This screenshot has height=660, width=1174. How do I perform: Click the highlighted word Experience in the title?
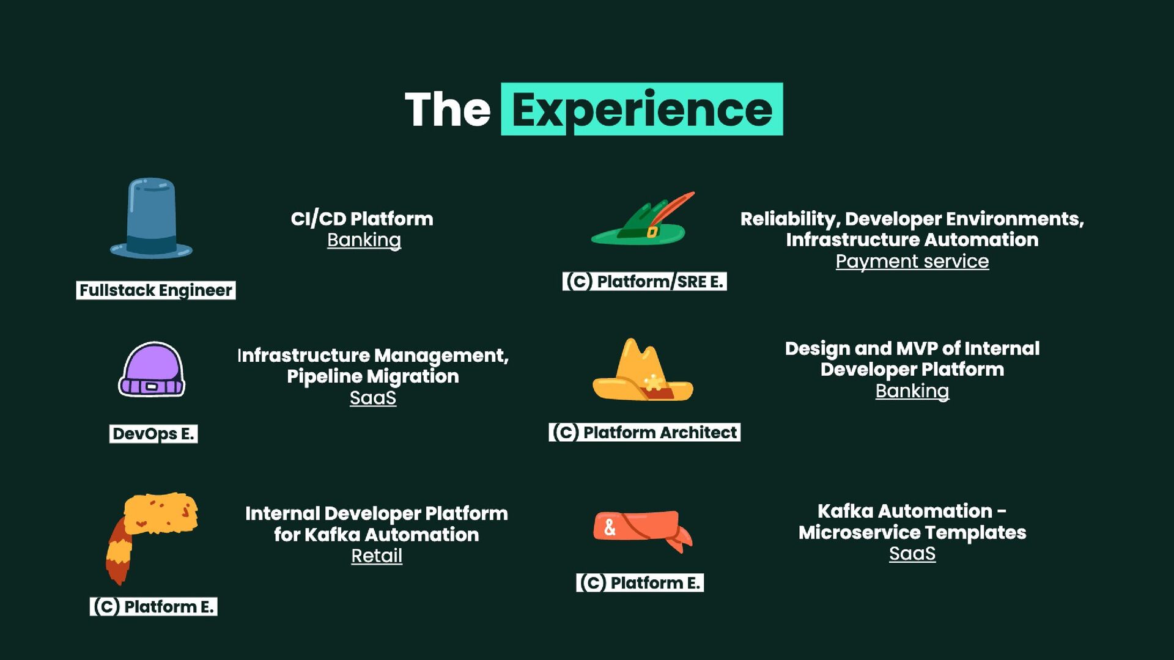tap(641, 109)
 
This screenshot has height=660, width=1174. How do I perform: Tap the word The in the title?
tap(448, 110)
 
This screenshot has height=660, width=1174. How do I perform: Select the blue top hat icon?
tap(151, 218)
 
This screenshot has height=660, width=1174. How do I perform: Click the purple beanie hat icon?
tap(152, 370)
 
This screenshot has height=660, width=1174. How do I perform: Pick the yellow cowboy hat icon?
tap(642, 372)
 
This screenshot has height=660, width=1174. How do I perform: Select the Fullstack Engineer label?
tap(156, 290)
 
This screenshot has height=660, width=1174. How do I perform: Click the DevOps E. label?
tap(153, 434)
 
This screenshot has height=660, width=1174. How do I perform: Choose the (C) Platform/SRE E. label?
tap(644, 282)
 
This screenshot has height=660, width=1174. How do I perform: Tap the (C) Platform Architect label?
tap(644, 433)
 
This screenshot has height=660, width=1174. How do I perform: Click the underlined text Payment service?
tap(912, 262)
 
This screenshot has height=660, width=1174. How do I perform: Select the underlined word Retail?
tap(377, 556)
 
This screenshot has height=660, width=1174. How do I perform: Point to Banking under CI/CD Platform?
tap(364, 240)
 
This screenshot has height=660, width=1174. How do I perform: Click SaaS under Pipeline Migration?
tap(373, 398)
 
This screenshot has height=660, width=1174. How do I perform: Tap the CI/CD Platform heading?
tap(362, 219)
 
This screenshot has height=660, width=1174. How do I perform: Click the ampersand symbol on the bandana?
tap(610, 527)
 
